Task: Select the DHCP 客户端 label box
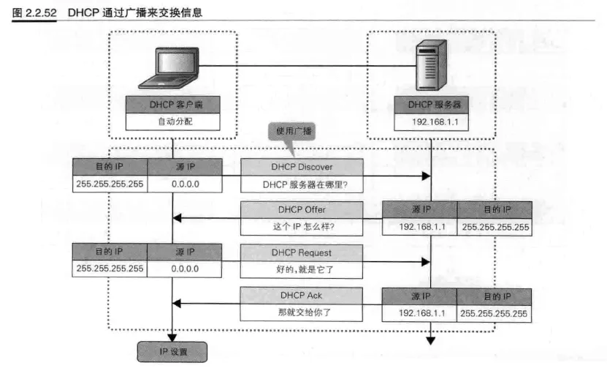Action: (172, 105)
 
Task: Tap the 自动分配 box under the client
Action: (172, 121)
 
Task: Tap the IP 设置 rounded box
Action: (172, 352)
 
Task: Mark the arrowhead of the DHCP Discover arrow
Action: (426, 176)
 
